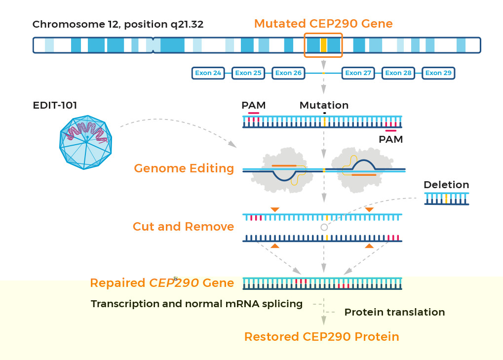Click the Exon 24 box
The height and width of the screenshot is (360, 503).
coord(208,73)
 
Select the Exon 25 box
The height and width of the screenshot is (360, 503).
coord(248,73)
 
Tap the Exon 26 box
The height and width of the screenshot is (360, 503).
coord(288,73)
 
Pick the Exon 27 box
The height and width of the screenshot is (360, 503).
coord(358,73)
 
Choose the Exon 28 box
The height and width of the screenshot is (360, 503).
coord(398,73)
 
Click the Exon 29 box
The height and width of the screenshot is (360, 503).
coord(438,73)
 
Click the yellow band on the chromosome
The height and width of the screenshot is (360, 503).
coord(323,45)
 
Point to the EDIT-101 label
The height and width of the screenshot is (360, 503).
coord(55,105)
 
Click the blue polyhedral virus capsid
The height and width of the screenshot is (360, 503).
coord(86,142)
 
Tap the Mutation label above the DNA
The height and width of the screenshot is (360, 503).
coord(324,105)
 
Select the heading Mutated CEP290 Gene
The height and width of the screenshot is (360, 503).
coord(323,24)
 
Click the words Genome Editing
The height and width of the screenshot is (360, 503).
coord(184,168)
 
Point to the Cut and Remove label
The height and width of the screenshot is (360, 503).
coord(183,227)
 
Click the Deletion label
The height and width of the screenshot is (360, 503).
coord(446,185)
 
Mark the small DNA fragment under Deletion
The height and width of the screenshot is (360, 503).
coord(447,199)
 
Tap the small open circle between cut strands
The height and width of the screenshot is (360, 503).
coord(324,227)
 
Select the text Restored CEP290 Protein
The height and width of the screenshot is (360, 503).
coord(322,337)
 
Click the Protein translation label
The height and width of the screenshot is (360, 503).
coord(394,312)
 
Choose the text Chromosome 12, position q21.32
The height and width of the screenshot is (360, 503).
coord(118,24)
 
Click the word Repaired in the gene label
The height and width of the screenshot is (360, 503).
coord(117,283)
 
